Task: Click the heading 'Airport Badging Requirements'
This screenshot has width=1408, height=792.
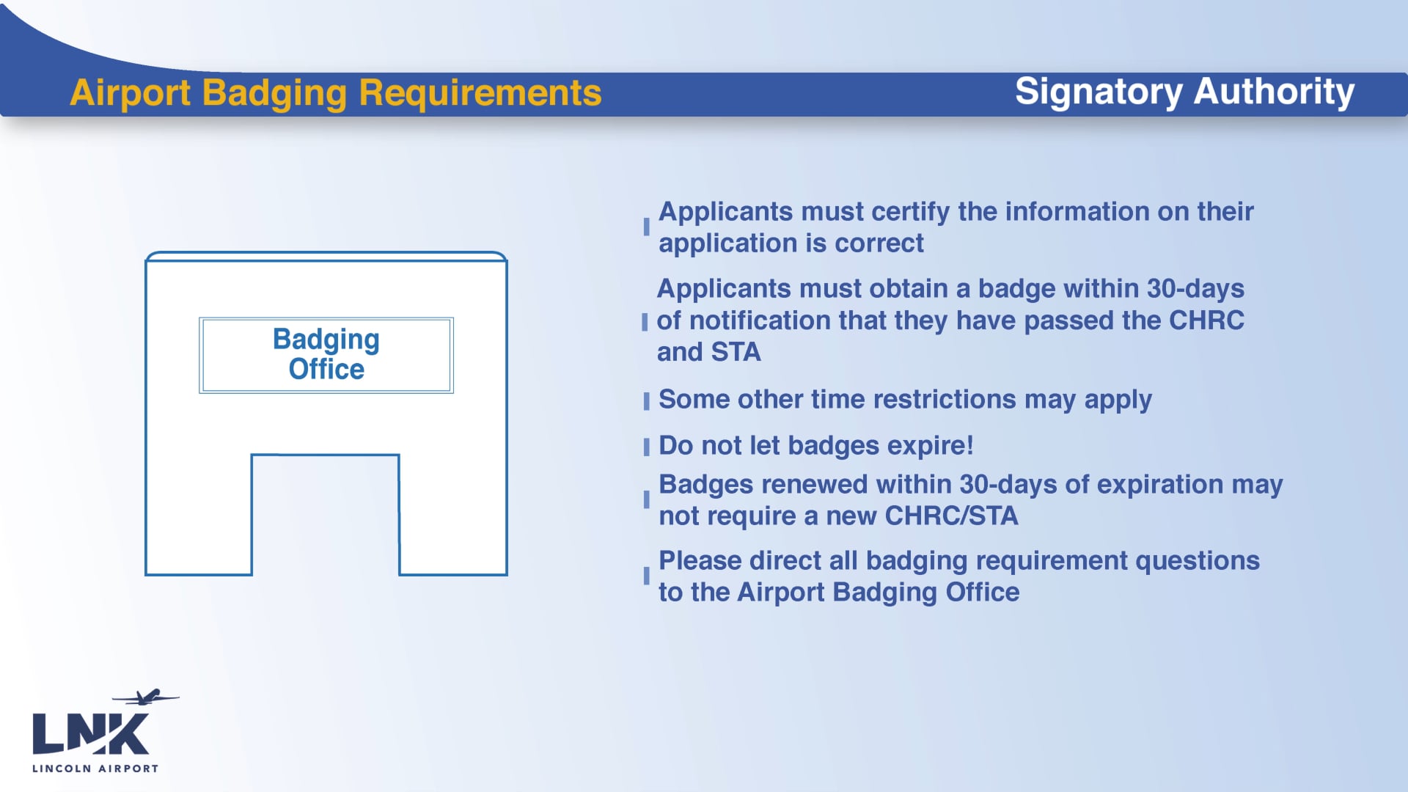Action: tap(335, 93)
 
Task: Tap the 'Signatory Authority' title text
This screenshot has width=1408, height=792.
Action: tap(1184, 92)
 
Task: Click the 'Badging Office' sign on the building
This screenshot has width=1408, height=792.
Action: tap(326, 355)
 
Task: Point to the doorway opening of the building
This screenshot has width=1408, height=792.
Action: tap(326, 515)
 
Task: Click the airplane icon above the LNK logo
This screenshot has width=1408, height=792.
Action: tap(147, 696)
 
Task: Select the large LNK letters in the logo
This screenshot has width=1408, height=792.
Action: tap(90, 734)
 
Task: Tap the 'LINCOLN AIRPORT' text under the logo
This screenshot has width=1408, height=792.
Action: tap(95, 769)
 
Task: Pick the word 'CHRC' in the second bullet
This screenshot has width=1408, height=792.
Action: tap(1206, 320)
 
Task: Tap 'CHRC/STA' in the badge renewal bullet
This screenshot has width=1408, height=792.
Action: tap(951, 516)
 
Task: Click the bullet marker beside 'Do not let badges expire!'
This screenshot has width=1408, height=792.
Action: tap(646, 447)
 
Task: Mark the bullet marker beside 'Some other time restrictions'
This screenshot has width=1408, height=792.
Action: tap(646, 401)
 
